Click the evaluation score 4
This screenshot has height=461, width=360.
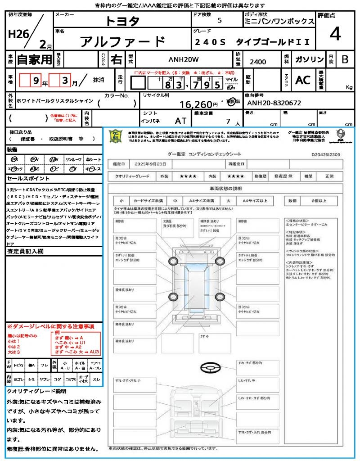pyautogui.click(x=334, y=35)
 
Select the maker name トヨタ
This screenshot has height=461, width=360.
pyautogui.click(x=122, y=21)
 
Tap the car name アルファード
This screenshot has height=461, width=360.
pyautogui.click(x=122, y=41)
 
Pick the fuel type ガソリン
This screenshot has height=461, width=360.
pyautogui.click(x=309, y=59)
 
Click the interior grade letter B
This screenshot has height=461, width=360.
pyautogui.click(x=345, y=59)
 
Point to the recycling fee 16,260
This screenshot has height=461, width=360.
pyautogui.click(x=195, y=104)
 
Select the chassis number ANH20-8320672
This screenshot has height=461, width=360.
pyautogui.click(x=274, y=103)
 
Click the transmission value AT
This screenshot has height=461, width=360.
pyautogui.click(x=180, y=121)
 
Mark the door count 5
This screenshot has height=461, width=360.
pyautogui.click(x=219, y=21)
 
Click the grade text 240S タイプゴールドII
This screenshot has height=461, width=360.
pyautogui.click(x=252, y=42)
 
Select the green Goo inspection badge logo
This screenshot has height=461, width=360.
pyautogui.click(x=116, y=136)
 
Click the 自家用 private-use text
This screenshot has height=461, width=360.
pyautogui.click(x=35, y=59)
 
